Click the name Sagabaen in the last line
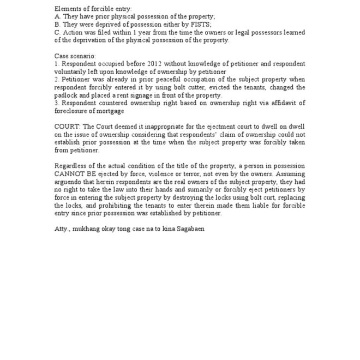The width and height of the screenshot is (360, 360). (188, 229)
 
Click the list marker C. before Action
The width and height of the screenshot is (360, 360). (58, 32)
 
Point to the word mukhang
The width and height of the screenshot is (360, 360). (89, 229)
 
